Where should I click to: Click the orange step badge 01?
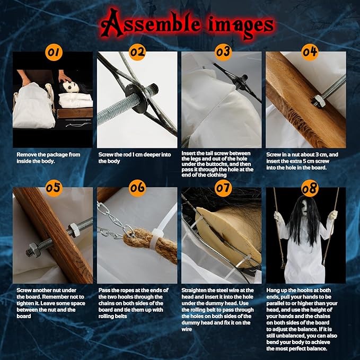[x=54, y=52]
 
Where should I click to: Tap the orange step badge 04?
[x=310, y=52]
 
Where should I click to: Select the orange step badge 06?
[x=137, y=188]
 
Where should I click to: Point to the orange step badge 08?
[x=310, y=188]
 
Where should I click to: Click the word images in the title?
[x=241, y=27]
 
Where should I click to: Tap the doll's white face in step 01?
[x=68, y=86]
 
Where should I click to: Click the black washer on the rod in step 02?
[x=137, y=98]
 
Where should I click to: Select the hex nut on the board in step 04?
[x=318, y=101]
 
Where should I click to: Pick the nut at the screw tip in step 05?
[x=33, y=250]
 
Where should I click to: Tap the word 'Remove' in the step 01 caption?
[x=25, y=155]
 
